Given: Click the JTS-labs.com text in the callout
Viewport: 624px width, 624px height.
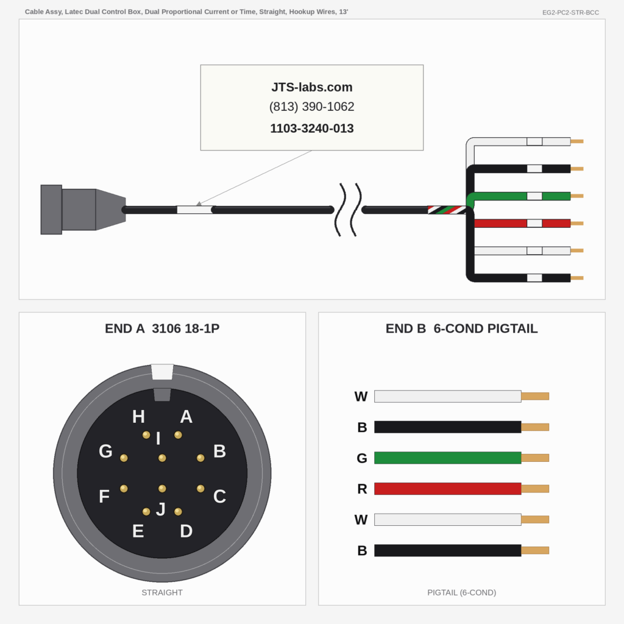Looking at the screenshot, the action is coord(311,87).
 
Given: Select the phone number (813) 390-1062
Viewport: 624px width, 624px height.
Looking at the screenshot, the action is coord(311,107).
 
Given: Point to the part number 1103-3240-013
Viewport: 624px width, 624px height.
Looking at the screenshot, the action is coord(311,128).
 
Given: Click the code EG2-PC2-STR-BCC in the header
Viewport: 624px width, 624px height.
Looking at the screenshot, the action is coord(570,12).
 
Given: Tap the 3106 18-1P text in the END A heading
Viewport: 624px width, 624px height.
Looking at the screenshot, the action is coord(185,328).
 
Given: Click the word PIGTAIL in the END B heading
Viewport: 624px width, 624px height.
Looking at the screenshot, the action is coord(512,328).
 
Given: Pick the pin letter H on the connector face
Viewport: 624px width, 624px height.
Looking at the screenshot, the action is coord(138,417).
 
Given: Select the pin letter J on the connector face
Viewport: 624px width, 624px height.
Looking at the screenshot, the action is coord(161,509).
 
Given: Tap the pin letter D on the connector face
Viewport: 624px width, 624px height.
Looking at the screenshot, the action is coord(186,531).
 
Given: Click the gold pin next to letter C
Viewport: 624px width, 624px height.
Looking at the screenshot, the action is coord(200,488).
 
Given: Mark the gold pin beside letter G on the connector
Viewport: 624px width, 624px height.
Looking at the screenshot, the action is coord(124,458).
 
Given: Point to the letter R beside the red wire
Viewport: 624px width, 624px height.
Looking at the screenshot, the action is coord(362,489).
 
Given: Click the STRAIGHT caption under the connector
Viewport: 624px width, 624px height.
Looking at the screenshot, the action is coord(162,592).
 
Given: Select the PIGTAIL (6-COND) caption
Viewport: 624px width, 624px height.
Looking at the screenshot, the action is coord(462,592).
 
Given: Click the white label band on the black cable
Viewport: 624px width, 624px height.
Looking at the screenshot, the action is coord(194,210).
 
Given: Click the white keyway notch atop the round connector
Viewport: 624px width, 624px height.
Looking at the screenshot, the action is coord(162,372).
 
